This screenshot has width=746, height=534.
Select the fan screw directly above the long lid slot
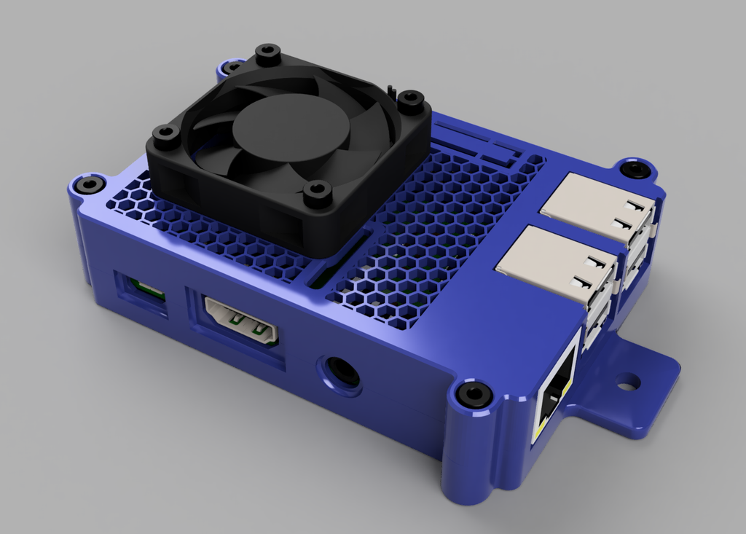(318, 192)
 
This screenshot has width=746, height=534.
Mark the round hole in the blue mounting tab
(627, 381)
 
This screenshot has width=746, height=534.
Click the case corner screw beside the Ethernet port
(474, 394)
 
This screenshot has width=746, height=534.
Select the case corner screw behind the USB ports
(635, 170)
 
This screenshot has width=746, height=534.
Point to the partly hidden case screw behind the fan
(232, 68)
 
